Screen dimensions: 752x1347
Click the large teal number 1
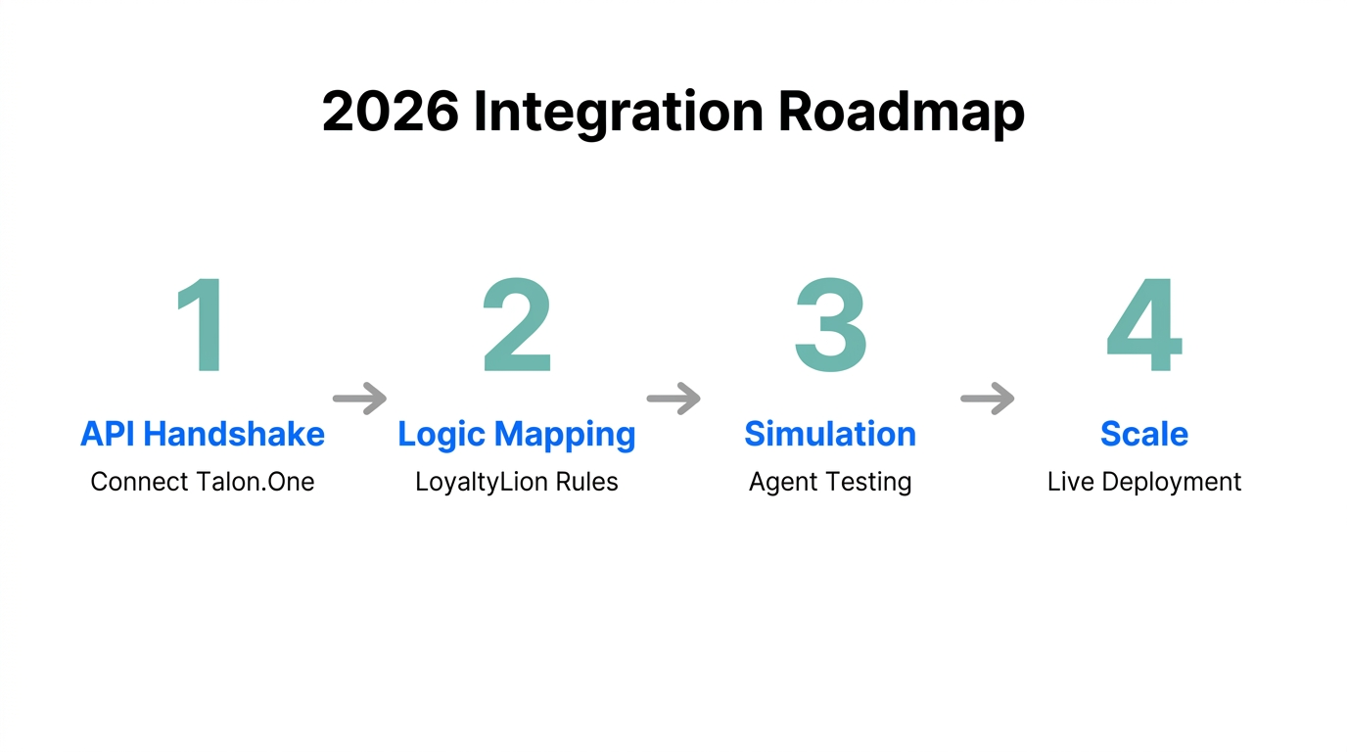coord(204,326)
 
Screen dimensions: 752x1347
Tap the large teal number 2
coord(517,326)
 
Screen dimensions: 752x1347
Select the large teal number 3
coord(830,326)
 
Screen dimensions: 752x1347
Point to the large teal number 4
coord(1143,326)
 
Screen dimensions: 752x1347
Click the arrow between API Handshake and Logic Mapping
coord(359,399)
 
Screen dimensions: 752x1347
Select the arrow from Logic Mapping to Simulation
coord(673,399)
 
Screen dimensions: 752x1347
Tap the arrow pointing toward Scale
coord(987,399)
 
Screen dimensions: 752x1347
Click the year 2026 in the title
coord(390,112)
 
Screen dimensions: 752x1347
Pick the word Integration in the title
coord(618,112)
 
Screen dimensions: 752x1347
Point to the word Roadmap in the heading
coord(901,112)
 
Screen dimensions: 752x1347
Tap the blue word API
coord(109,434)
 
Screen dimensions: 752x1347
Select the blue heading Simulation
coord(830,434)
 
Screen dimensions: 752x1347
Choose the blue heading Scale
coord(1143,434)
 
